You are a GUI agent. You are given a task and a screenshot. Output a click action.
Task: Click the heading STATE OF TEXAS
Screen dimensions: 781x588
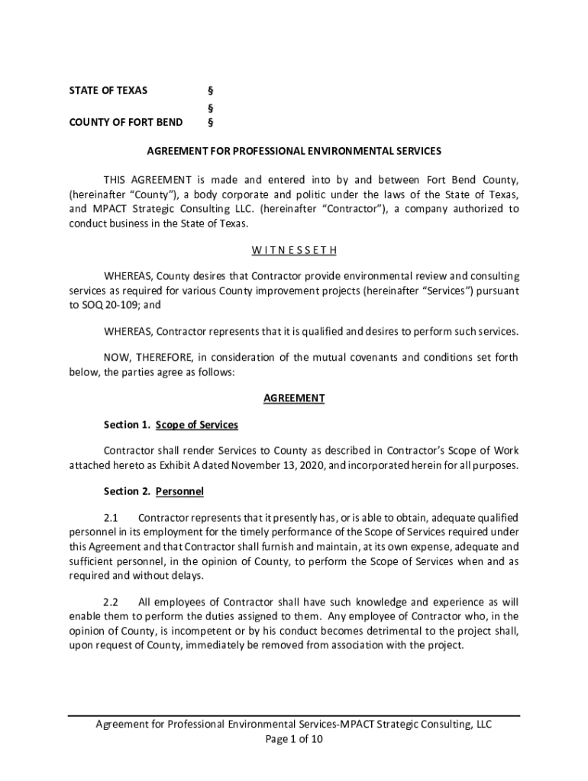point(108,90)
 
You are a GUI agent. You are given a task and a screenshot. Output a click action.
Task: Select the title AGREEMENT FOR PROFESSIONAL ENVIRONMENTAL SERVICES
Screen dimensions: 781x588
point(294,151)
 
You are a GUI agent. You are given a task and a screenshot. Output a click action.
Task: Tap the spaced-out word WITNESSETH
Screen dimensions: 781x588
point(294,250)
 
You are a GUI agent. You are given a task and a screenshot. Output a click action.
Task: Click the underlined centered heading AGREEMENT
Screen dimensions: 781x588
point(294,398)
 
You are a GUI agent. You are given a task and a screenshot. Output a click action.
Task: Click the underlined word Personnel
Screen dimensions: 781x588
point(179,492)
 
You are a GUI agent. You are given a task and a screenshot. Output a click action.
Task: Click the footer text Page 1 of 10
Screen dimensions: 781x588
point(294,739)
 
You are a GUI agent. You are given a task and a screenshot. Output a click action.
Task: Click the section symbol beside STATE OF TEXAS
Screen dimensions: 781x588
point(210,90)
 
